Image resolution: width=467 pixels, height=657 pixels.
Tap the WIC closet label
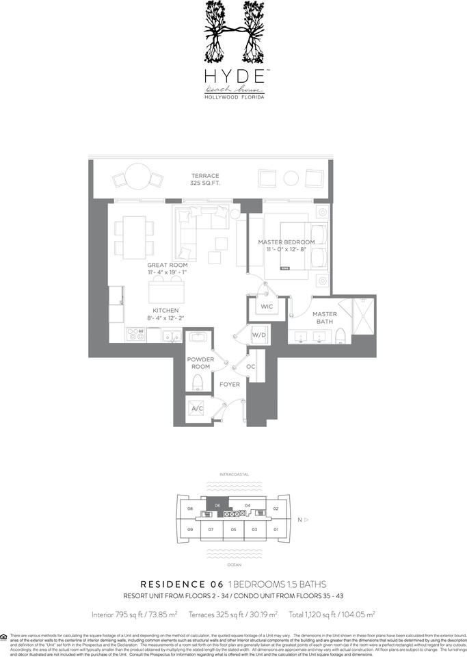pos(266,307)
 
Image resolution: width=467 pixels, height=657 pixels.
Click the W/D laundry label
pos(259,335)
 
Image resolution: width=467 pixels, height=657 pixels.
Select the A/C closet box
pos(198,409)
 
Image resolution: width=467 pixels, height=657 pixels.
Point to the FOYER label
pos(229,384)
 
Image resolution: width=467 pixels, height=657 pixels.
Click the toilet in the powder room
pos(200,381)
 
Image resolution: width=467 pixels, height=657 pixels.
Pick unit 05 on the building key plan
pos(233,529)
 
